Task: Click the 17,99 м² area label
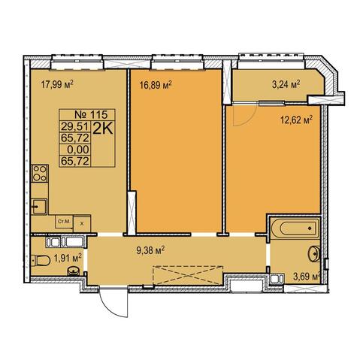tap(57, 84)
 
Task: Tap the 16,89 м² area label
tap(156, 85)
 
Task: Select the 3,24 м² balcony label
tap(286, 84)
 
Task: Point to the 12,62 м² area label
tap(296, 120)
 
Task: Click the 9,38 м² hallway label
tap(150, 250)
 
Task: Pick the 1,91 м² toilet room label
tap(68, 258)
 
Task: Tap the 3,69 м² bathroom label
tap(307, 277)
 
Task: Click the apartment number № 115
tap(91, 115)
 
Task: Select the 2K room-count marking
tap(103, 129)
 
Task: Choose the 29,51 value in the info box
tap(75, 127)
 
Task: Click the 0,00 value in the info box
tap(78, 150)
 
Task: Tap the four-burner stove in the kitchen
tap(40, 173)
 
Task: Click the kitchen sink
tap(40, 207)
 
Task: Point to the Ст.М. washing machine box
tap(64, 222)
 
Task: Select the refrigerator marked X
tap(82, 223)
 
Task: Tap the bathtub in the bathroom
tap(295, 228)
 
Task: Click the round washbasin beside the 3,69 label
tap(314, 254)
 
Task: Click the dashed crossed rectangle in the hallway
tap(188, 275)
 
